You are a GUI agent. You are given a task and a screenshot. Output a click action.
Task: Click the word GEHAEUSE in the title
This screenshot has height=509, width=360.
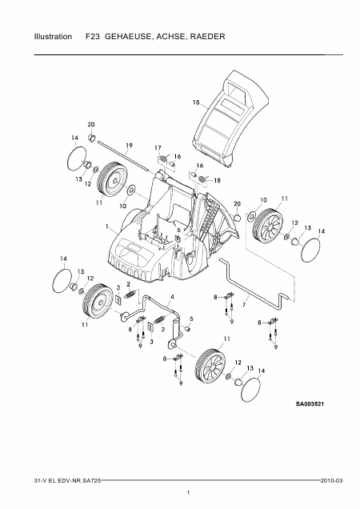pos(128,37)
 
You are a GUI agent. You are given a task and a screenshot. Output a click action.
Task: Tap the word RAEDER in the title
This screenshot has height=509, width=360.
pos(208,36)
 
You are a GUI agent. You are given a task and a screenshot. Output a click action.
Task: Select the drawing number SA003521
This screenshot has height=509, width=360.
pos(310,404)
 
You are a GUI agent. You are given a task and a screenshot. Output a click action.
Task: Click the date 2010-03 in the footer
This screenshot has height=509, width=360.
pos(331,481)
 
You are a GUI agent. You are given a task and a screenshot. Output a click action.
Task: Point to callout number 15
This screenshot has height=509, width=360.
pos(196,102)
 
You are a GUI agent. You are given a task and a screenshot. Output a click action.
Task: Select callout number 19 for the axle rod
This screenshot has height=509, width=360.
pos(129,146)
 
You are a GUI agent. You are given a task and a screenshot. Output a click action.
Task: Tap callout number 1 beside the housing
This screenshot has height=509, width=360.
pos(106,226)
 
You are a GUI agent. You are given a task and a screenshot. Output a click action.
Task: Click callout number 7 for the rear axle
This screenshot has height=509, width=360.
pos(243,305)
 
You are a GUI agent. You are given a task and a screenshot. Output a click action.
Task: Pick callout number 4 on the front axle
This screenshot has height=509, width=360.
pos(172,297)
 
